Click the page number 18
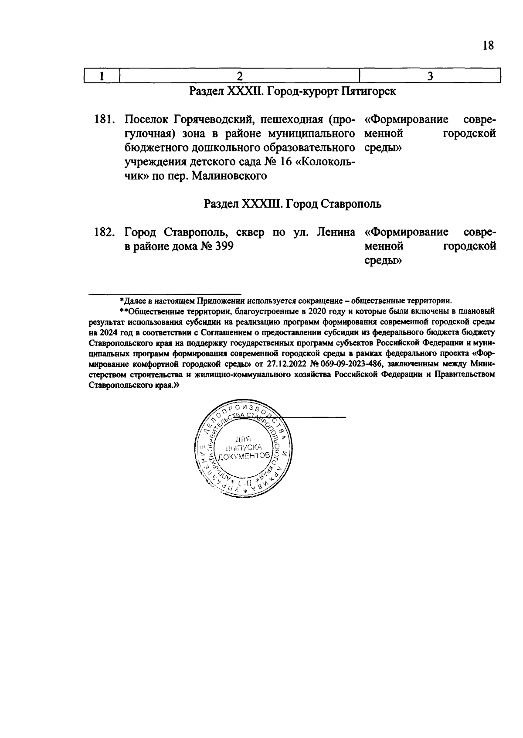(x=488, y=45)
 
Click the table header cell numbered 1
(x=101, y=76)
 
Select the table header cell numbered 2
(x=239, y=76)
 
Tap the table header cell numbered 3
(x=430, y=76)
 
